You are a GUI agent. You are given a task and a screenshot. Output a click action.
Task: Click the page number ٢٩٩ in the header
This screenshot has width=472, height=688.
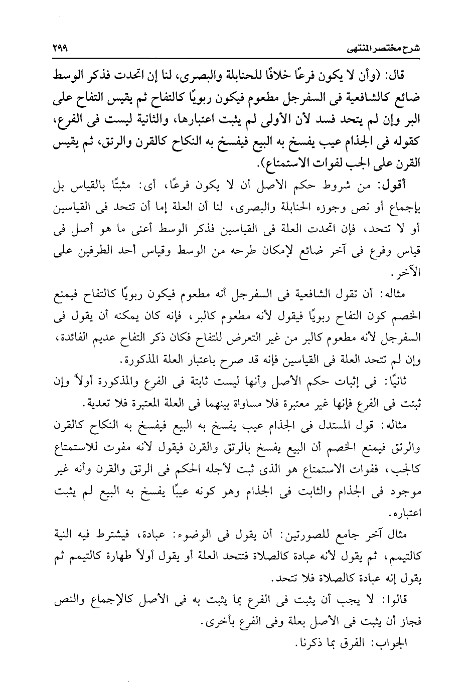pyautogui.click(x=61, y=51)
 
